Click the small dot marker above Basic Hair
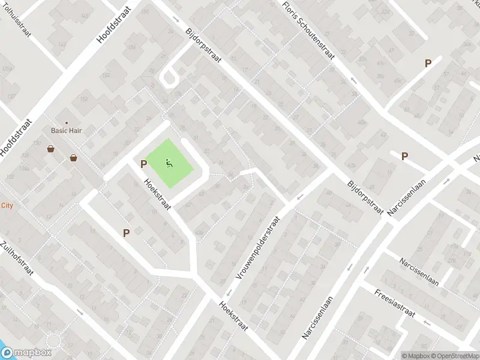(x=67, y=123)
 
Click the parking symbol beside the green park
(x=143, y=164)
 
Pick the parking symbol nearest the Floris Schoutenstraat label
(x=428, y=63)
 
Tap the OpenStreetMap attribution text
(x=453, y=356)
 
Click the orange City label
(x=7, y=205)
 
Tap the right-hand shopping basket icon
(x=73, y=158)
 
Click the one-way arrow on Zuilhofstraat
(x=80, y=312)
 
